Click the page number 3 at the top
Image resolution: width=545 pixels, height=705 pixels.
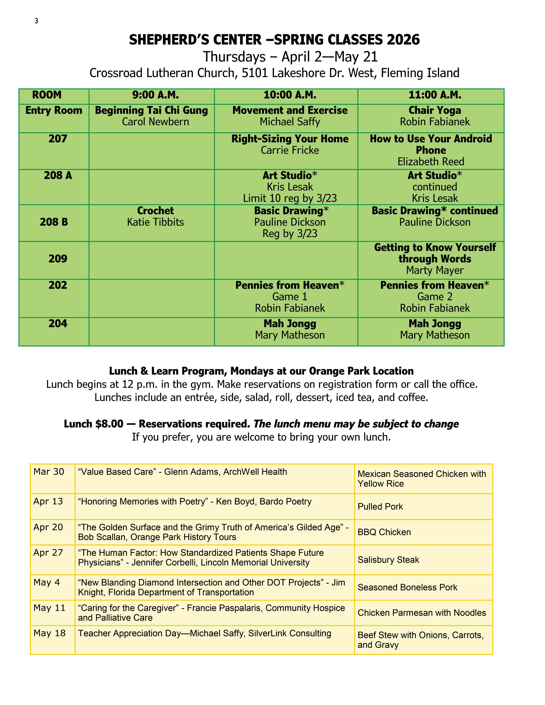(37, 21)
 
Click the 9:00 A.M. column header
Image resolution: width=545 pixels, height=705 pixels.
(155, 95)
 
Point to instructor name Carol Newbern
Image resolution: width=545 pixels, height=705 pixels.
(155, 122)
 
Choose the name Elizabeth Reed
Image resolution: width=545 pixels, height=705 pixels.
(431, 161)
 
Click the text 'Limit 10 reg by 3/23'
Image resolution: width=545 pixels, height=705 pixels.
(290, 198)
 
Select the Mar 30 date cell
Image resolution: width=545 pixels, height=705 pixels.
(49, 472)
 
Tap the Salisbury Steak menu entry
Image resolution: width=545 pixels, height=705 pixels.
(388, 560)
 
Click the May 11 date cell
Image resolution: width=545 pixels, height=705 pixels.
(49, 608)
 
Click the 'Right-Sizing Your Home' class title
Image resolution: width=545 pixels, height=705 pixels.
(290, 139)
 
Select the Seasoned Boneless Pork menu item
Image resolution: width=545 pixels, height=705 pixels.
(407, 587)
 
